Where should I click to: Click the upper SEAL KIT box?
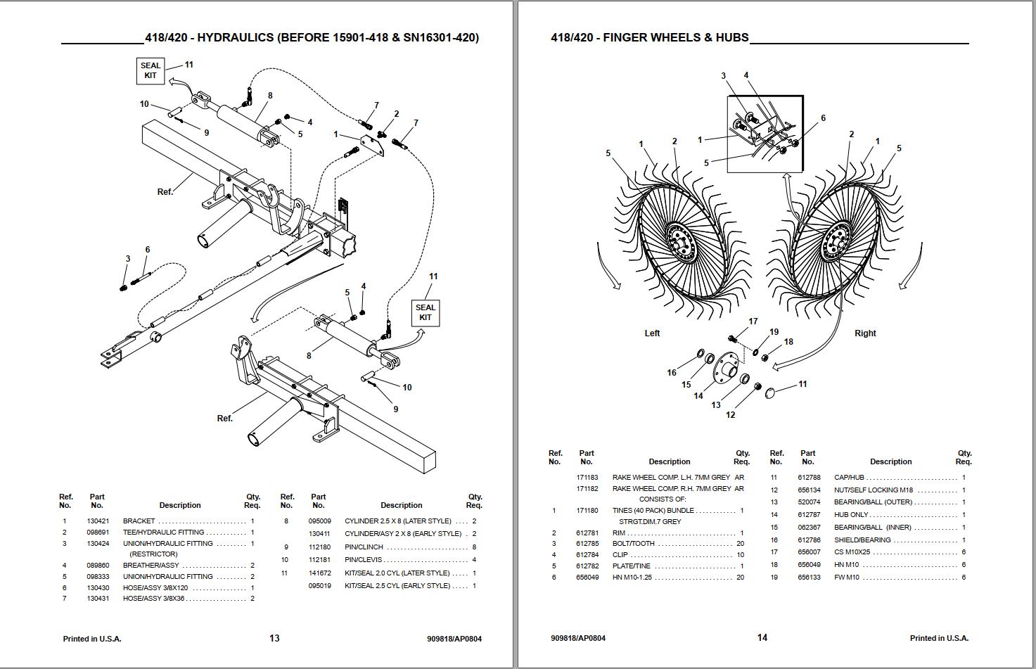point(150,70)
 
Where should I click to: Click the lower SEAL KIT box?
point(426,312)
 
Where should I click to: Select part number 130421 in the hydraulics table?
point(98,521)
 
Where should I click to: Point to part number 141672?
point(319,573)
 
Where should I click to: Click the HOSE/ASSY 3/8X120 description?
point(155,588)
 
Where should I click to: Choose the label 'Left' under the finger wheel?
point(652,333)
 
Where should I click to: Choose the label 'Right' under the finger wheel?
point(865,333)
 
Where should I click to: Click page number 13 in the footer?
point(274,638)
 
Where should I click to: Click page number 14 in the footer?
point(762,638)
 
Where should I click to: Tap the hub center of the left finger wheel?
point(679,243)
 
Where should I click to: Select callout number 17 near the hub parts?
point(753,321)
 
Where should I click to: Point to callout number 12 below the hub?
point(730,415)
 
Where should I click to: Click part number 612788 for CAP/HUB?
point(809,478)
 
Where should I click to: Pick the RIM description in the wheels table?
point(619,533)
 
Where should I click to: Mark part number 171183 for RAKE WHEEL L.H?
point(587,478)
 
